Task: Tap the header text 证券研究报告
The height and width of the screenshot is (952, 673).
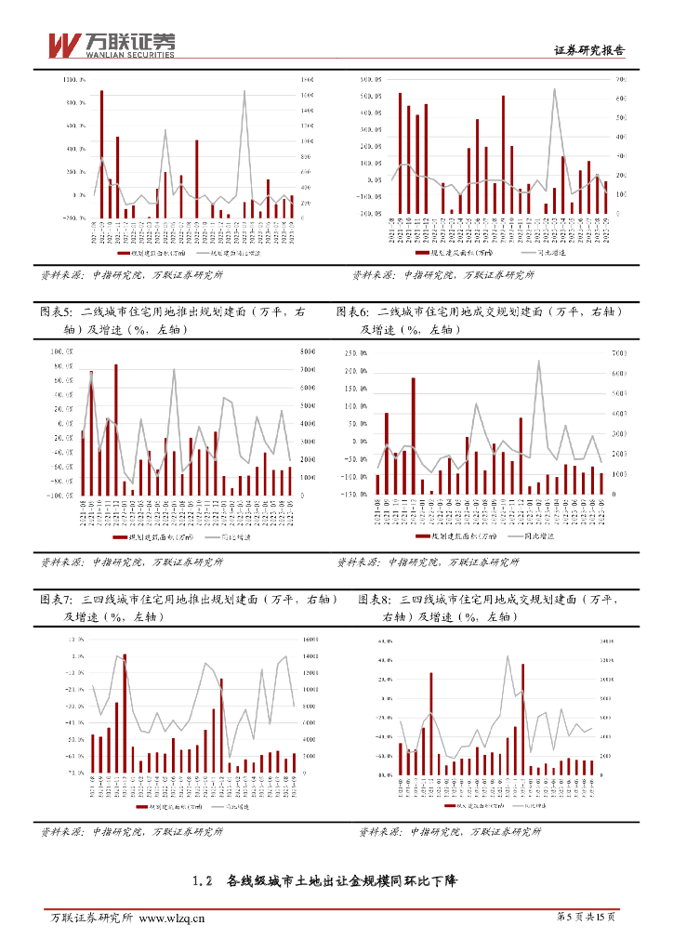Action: [589, 51]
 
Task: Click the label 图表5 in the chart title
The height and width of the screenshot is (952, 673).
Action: [60, 313]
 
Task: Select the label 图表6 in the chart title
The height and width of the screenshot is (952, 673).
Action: [355, 313]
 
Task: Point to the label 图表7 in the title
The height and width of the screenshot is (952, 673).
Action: [60, 600]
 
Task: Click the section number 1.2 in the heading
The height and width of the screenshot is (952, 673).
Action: [204, 879]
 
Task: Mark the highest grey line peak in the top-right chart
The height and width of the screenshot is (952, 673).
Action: [554, 90]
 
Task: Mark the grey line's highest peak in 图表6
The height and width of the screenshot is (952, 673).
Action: [538, 361]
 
